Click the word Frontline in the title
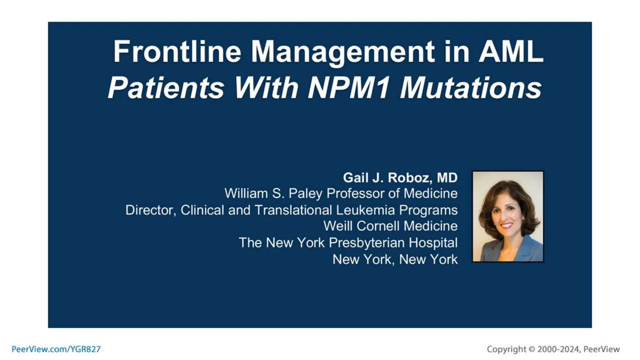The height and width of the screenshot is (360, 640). click(177, 52)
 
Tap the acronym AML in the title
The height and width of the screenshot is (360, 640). click(511, 52)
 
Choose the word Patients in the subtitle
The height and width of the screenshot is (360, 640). click(166, 88)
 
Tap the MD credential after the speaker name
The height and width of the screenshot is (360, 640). click(447, 178)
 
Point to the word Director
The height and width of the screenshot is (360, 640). click(149, 210)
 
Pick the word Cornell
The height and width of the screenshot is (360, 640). click(376, 226)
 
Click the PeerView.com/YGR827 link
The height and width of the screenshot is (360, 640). click(56, 349)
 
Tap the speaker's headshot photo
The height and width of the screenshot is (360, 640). click(507, 216)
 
